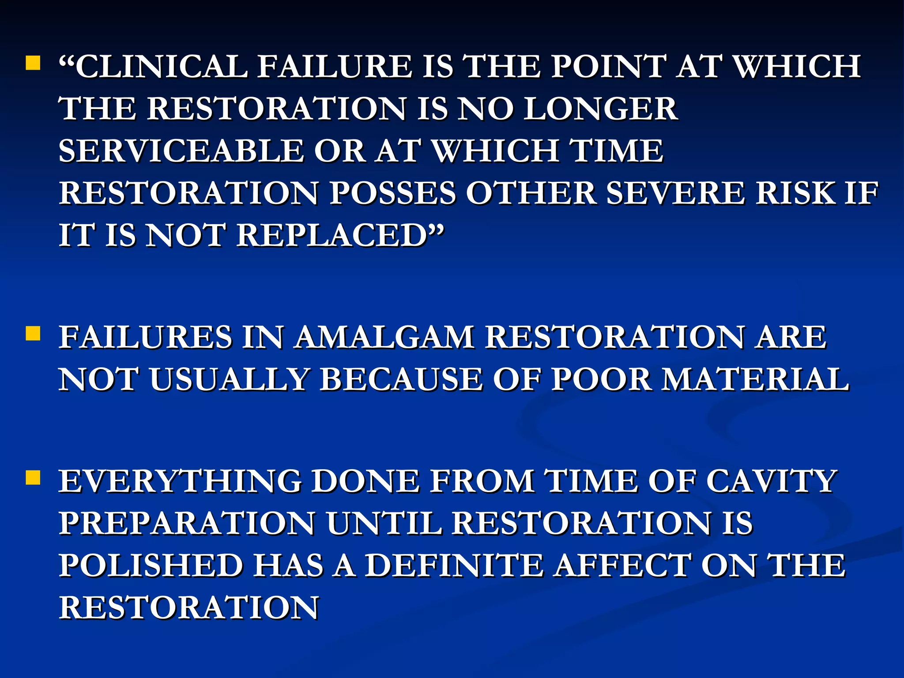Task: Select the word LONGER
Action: click(600, 109)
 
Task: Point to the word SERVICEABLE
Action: click(181, 151)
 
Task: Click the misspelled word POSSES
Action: click(392, 193)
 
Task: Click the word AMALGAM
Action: click(384, 337)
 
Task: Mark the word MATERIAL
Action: click(755, 380)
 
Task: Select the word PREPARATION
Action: click(187, 524)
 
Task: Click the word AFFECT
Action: click(622, 566)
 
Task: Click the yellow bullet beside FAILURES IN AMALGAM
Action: click(33, 334)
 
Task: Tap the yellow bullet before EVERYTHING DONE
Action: click(33, 478)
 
